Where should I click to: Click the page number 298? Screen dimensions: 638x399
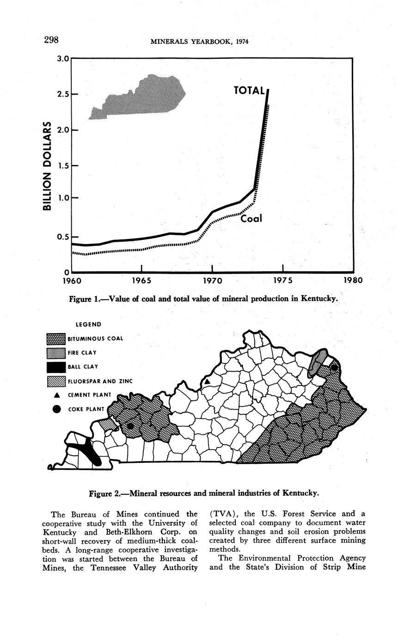coord(51,40)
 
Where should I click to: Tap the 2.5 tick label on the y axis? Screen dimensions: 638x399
coord(62,94)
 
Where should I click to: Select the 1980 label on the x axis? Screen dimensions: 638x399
coord(351,281)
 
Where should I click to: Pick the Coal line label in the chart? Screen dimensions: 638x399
coord(251,218)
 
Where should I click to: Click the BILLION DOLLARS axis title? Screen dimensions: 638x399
coord(46,166)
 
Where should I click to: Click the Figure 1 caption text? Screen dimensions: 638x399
coord(203,299)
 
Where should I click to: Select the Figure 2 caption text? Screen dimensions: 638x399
coord(203,493)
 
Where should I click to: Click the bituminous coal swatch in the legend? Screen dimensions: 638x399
coord(56,339)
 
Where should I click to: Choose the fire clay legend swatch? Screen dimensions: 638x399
coord(56,353)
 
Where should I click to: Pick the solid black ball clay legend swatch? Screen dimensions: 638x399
coord(56,368)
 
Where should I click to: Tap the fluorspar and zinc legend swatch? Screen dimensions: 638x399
coord(56,382)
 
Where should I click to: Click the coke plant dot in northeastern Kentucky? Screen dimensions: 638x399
coord(334,368)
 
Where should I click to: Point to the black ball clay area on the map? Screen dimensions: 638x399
coord(88,451)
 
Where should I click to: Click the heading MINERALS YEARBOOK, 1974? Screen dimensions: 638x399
coord(200,42)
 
